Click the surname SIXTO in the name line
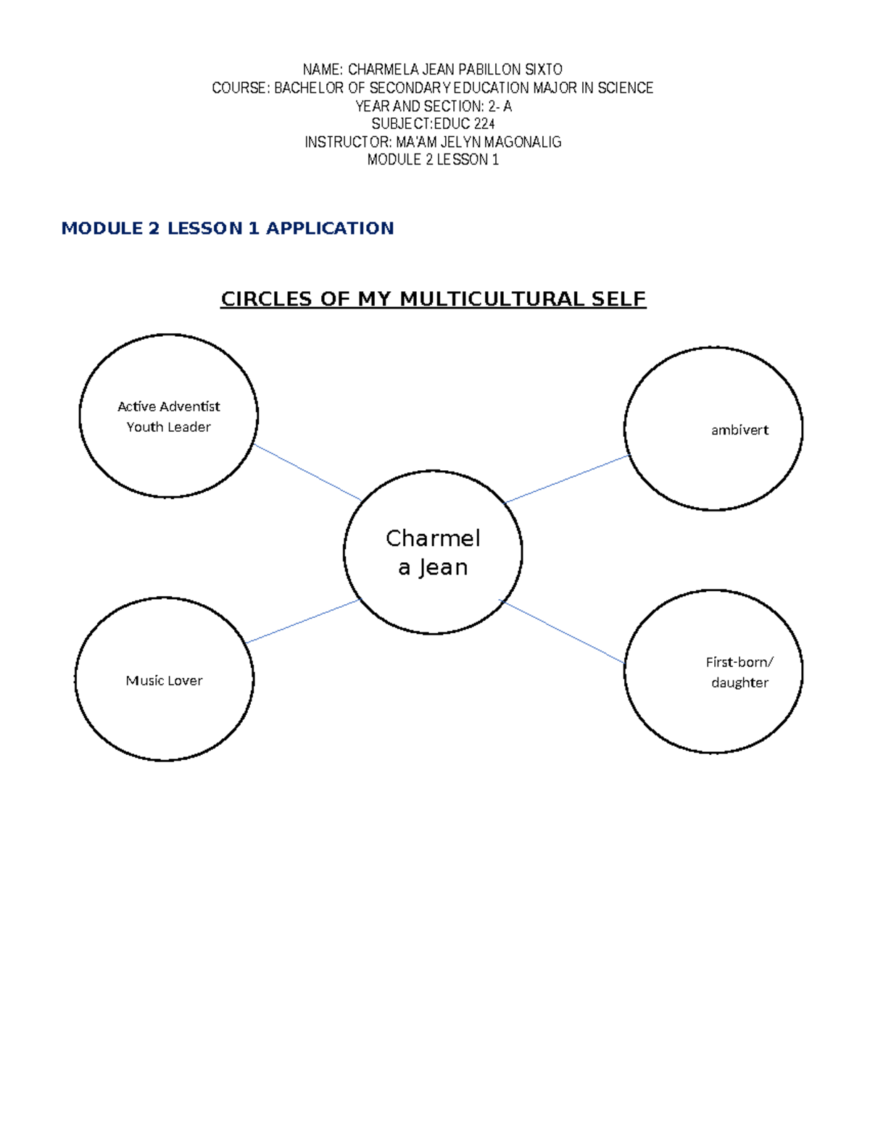(x=544, y=70)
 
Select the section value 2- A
(x=500, y=106)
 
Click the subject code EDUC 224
(x=464, y=124)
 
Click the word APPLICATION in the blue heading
(x=330, y=228)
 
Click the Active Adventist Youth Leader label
(x=169, y=417)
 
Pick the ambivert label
(x=739, y=430)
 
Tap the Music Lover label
(x=164, y=680)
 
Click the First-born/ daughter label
(x=739, y=672)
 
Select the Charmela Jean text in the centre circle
(x=433, y=553)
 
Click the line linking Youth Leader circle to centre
(x=307, y=472)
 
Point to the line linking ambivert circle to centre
(x=567, y=479)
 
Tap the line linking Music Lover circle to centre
(x=303, y=622)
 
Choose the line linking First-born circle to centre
(x=562, y=632)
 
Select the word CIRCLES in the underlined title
(x=267, y=299)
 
